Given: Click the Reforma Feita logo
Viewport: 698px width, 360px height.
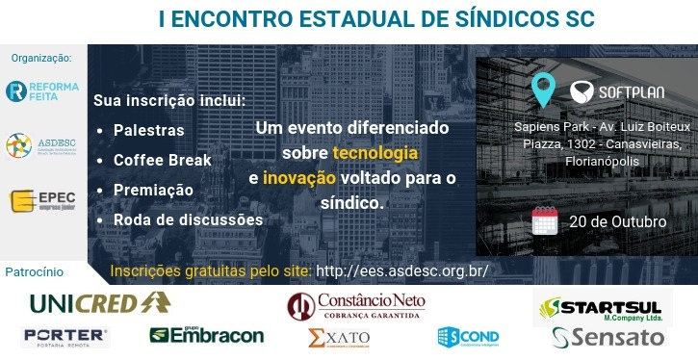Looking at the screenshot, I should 41,91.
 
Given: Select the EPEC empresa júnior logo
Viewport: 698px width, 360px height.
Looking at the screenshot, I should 41,201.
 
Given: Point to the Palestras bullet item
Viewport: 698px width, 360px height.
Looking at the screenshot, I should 148,129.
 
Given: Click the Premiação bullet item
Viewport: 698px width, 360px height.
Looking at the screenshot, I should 153,190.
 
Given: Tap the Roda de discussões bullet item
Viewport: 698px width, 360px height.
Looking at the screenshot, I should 188,219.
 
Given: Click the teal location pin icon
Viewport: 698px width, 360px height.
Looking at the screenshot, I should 544,90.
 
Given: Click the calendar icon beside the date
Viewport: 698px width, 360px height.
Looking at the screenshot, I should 545,220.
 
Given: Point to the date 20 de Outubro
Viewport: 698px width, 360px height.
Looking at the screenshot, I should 617,221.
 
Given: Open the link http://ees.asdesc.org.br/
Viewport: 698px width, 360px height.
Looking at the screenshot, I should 402,271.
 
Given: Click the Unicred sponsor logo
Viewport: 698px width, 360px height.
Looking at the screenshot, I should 100,303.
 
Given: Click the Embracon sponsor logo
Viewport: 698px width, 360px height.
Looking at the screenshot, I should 206,336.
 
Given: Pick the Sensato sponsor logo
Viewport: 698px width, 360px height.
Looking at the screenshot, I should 608,337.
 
